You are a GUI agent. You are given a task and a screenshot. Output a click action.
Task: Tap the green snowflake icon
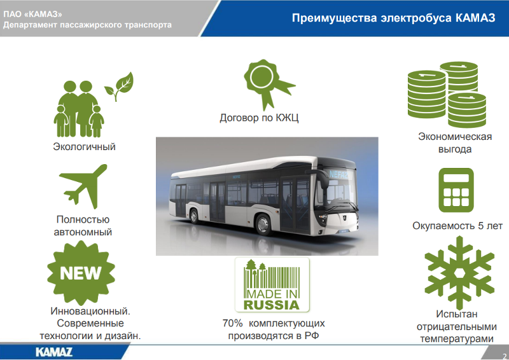coord(459,273)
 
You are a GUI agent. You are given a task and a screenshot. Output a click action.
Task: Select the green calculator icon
coord(456,190)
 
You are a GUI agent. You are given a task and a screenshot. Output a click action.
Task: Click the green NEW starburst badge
coord(81,273)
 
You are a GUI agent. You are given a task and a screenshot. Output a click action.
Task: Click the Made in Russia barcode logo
coord(272,285)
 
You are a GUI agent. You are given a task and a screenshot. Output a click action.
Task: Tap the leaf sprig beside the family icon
coord(119,86)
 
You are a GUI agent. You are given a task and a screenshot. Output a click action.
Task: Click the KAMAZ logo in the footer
coord(54,352)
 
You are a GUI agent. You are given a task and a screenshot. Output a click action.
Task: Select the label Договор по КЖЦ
coord(259,118)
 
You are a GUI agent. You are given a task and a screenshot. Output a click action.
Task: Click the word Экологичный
coord(85,147)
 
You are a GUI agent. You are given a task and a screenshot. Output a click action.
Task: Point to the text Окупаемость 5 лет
coord(457,226)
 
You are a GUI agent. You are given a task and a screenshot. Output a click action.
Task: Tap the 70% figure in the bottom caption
coord(232,323)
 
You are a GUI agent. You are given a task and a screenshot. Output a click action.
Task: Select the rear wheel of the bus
coord(194,216)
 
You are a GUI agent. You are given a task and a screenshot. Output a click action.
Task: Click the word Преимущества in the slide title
coord(335,18)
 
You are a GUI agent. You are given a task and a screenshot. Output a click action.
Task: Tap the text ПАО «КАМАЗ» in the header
coord(32,14)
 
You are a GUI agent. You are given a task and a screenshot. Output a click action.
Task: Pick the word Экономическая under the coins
coord(455,137)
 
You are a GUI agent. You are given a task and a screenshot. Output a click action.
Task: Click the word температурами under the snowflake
coord(457,339)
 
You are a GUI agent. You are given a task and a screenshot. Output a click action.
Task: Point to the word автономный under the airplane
coord(83,232)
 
